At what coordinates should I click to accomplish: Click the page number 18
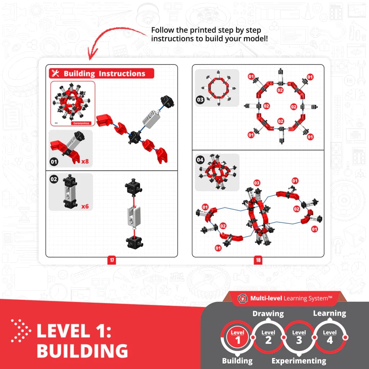click(258, 260)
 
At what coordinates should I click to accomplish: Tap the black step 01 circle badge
click(54, 161)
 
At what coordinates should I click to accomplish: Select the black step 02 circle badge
click(54, 179)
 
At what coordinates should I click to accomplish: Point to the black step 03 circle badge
click(200, 100)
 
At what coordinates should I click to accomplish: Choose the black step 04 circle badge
click(200, 160)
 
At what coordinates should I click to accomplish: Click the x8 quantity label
click(85, 161)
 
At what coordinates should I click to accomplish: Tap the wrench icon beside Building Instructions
click(55, 74)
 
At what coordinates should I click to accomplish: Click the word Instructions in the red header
click(122, 74)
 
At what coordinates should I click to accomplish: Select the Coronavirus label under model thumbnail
click(82, 123)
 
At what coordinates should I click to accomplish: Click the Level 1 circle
click(237, 337)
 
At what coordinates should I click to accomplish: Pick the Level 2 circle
click(268, 337)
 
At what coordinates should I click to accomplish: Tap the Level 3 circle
click(299, 337)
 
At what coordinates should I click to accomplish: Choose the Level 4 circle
click(329, 337)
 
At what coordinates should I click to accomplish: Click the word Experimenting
click(299, 361)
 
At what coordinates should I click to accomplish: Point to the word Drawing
click(268, 314)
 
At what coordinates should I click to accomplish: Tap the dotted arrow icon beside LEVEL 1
click(21, 330)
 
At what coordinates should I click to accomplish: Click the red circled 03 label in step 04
click(257, 183)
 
